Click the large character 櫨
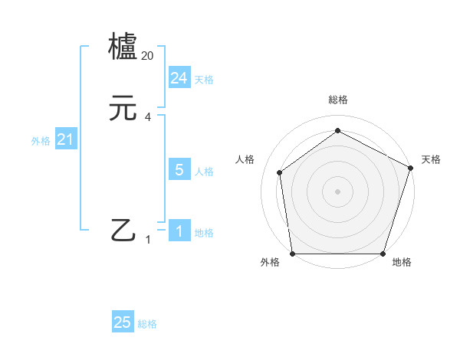pos(123,47)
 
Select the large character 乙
pos(123,231)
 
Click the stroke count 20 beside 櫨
pos(148,56)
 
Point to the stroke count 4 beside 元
pos(148,117)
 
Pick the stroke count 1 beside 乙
pos(148,240)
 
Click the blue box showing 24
pos(179,78)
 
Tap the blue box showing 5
pos(179,170)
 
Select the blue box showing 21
pos(65,140)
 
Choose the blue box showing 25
pos(123,322)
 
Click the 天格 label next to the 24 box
pos(204,80)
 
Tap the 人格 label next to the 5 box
pos(204,172)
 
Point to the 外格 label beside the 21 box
pos(41,141)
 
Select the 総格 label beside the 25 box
pos(147,324)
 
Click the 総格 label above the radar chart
pos(337,100)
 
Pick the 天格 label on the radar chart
pos(431,159)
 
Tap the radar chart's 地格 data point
pos(383,254)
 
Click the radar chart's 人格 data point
pos(280,172)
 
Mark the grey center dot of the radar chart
pos(337,191)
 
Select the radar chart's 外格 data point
pos(292,254)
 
